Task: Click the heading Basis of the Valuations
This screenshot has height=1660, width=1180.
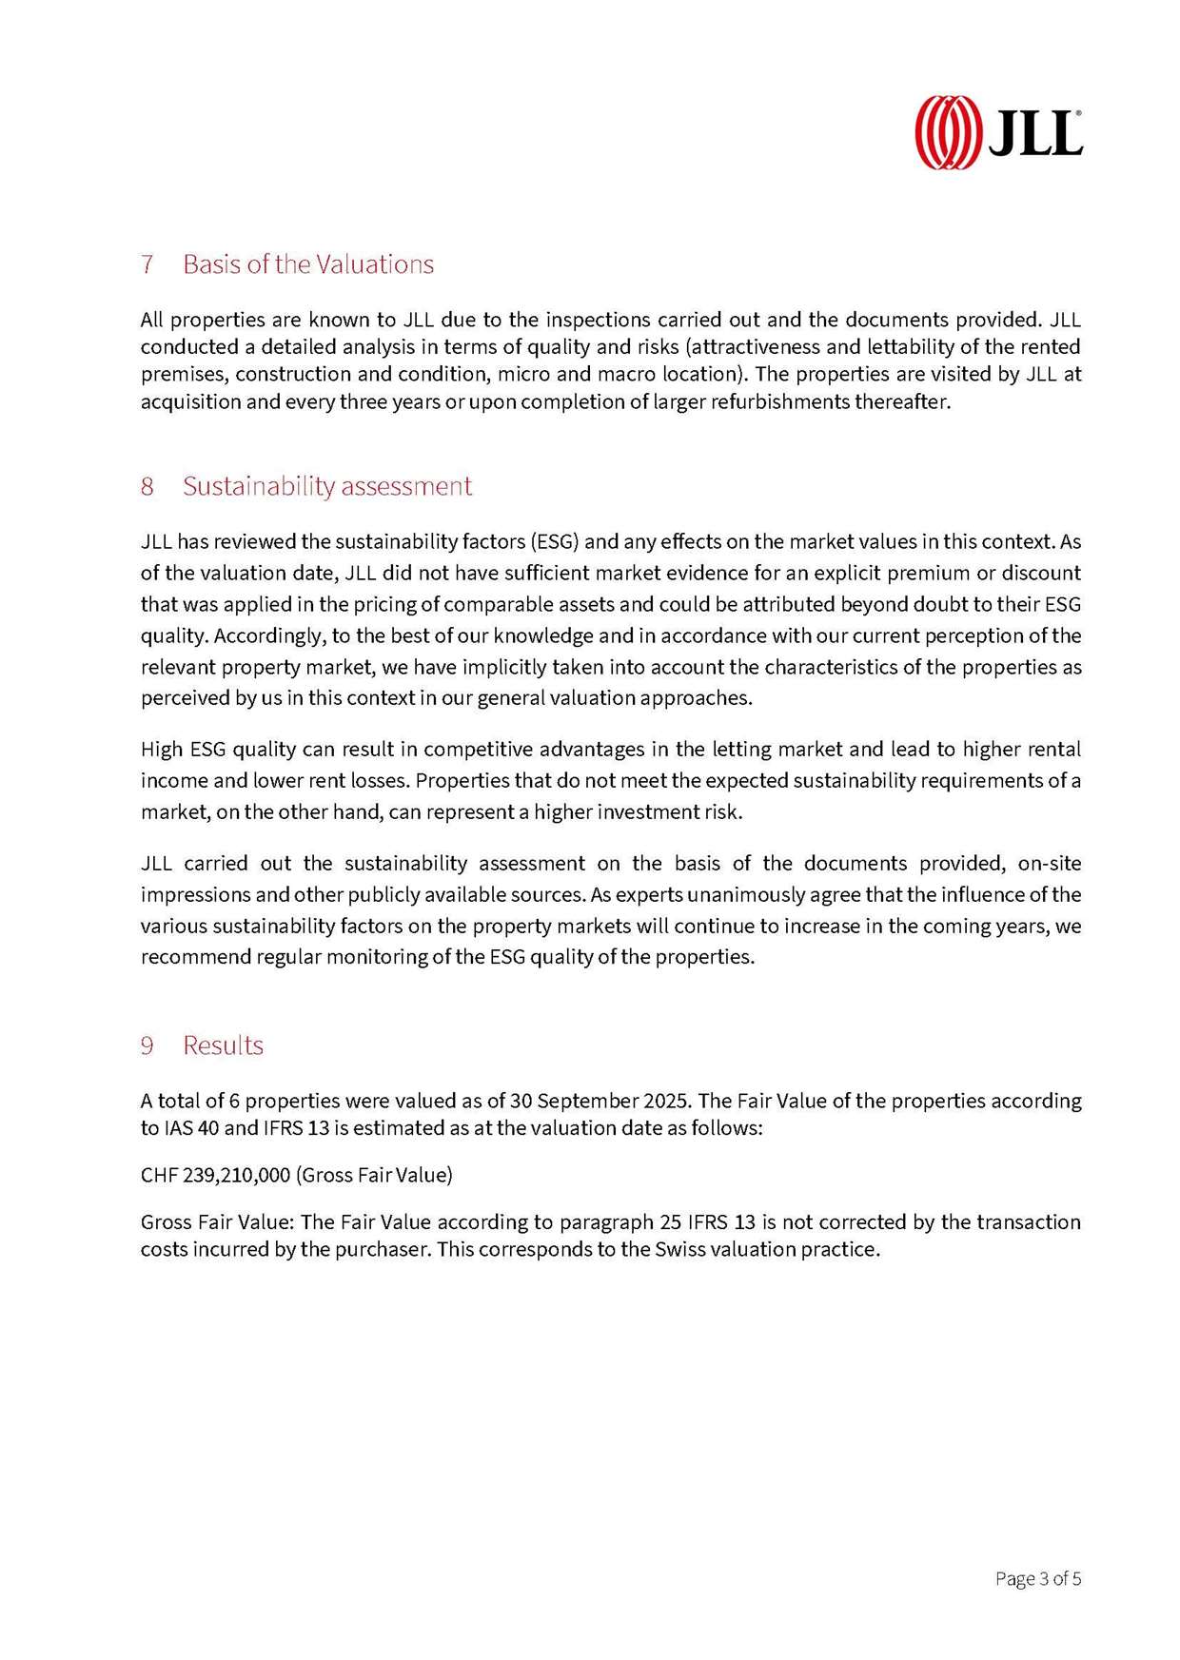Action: coord(307,264)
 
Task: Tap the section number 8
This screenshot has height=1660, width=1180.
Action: coord(147,486)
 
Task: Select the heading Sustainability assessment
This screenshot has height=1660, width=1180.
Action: coord(326,486)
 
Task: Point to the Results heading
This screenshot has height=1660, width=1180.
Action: coord(223,1045)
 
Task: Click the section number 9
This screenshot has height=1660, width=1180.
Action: coord(147,1045)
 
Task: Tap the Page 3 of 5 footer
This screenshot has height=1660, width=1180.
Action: coord(1037,1579)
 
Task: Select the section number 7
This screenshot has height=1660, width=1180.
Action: coord(147,264)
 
